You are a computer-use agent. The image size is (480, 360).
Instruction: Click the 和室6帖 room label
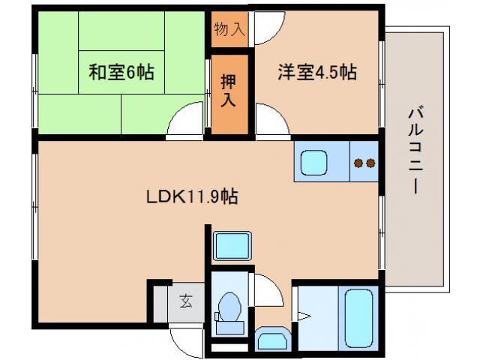(121, 73)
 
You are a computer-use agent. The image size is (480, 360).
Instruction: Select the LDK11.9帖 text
(192, 197)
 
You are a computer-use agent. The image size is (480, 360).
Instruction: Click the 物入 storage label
(229, 30)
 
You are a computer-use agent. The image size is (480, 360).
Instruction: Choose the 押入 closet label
(229, 88)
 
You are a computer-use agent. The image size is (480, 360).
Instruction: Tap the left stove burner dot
(358, 163)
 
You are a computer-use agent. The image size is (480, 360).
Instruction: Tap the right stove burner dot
(370, 163)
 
